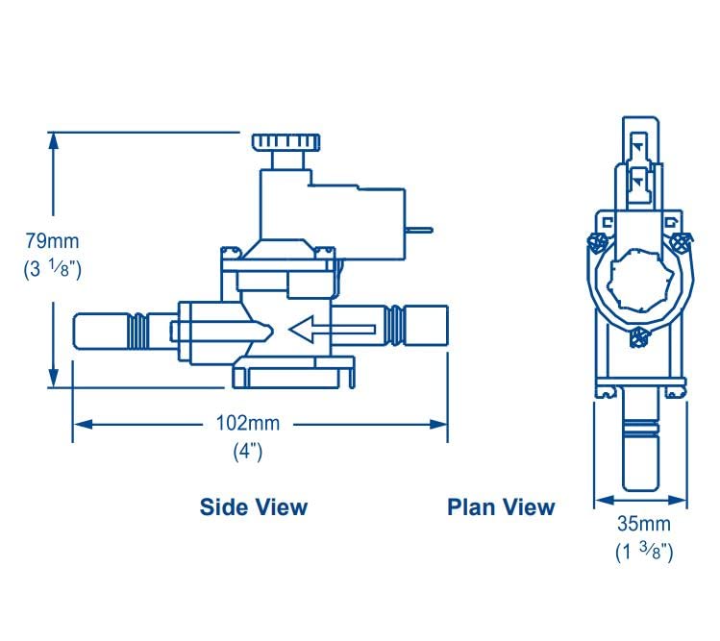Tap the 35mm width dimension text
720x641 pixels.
tap(642, 525)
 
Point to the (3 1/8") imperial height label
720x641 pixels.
tap(52, 269)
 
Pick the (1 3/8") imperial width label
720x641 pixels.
tap(643, 552)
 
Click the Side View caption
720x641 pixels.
tap(254, 506)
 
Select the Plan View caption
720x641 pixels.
tap(501, 506)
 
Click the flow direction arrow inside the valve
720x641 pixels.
tap(331, 331)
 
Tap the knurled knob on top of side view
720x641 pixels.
tap(286, 142)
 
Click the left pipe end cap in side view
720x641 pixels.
tap(102, 330)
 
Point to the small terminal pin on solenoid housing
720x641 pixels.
tap(420, 230)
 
